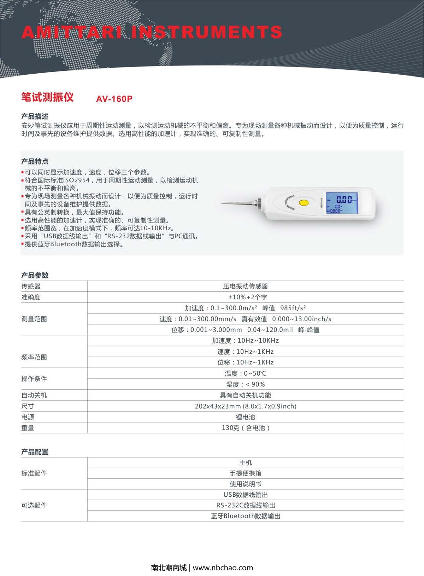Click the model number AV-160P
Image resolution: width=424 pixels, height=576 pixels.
[x=114, y=99]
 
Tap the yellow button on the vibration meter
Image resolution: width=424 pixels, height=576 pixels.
[x=303, y=203]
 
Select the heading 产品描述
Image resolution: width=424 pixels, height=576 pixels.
[x=35, y=116]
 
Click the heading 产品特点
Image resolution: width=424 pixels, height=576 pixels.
[x=35, y=161]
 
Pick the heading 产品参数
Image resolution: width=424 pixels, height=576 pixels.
[x=35, y=275]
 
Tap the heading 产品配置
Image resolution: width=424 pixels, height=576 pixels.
[x=35, y=452]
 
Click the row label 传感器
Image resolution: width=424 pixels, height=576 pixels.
[x=31, y=286]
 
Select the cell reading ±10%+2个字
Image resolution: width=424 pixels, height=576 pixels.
[x=245, y=297]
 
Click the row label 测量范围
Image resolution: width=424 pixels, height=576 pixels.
[x=34, y=319]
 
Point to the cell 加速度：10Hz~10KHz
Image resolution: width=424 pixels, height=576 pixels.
[x=245, y=341]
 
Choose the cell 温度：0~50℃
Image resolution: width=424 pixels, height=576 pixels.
[x=245, y=373]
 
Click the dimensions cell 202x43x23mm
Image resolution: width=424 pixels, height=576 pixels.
[x=245, y=406]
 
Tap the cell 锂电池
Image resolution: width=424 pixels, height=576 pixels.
[x=245, y=417]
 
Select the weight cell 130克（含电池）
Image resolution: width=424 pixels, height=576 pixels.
[x=245, y=428]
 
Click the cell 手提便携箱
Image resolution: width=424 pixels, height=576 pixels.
[x=245, y=473]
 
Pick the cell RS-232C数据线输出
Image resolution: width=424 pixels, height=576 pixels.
[x=245, y=505]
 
